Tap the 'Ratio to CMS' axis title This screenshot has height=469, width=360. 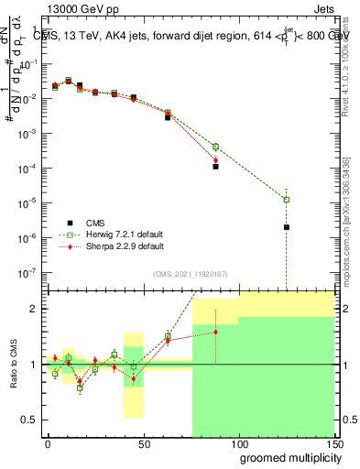click(x=15, y=365)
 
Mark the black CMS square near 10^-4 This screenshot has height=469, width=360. click(x=215, y=167)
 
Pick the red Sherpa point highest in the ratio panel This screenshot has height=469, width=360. click(x=215, y=332)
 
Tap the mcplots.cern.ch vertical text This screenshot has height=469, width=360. click(x=351, y=229)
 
